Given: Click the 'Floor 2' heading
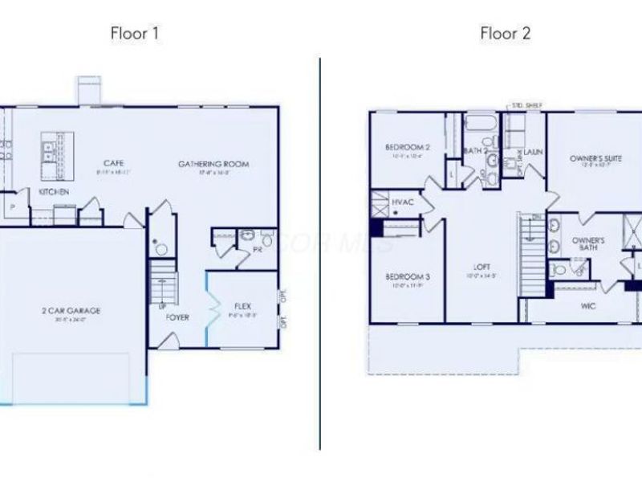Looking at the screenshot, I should point(505,34).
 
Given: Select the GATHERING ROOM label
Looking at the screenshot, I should point(213,164).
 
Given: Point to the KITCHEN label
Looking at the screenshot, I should point(55,193).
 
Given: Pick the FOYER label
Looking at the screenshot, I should point(177,317).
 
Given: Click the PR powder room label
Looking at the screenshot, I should point(258,250).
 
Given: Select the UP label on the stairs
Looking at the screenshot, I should point(164,306).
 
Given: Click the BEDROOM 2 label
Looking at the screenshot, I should point(408,147).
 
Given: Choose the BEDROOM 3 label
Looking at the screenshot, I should point(408,277).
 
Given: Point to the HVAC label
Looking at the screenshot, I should point(403,202).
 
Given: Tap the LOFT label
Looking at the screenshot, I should point(482,267).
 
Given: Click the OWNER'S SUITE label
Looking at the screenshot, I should point(596,158).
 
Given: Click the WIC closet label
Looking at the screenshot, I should point(588,305).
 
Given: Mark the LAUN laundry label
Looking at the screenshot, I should point(534,150).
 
